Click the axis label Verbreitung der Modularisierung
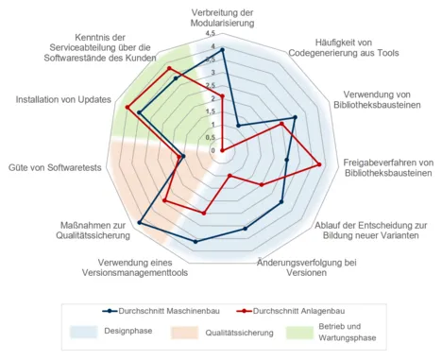(x=221, y=15)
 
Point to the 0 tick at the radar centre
(x=213, y=150)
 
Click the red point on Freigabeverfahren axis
(x=321, y=165)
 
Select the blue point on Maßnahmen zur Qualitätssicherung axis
(x=140, y=222)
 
